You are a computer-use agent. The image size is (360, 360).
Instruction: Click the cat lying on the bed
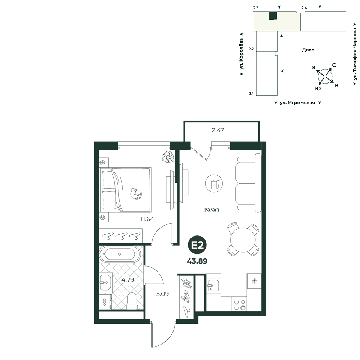136,193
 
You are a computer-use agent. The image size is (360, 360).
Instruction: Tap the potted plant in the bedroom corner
168,157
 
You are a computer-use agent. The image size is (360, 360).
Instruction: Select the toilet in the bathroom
132,301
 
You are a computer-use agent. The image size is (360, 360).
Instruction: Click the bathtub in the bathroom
120,254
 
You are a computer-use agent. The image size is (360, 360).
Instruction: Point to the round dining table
243,239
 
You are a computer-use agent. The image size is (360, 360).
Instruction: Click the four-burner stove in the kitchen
239,304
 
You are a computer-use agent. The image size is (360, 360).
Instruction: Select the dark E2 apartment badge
197,246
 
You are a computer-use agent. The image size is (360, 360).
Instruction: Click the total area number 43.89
197,261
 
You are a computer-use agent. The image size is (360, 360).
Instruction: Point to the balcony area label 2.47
218,130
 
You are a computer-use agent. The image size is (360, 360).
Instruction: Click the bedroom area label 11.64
147,219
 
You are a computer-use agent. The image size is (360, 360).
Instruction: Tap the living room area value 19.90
211,210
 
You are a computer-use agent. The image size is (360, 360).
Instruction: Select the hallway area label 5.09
163,294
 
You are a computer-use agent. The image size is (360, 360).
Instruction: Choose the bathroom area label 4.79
128,280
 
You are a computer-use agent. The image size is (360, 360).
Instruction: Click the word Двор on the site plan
308,50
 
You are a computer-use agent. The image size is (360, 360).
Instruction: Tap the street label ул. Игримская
297,103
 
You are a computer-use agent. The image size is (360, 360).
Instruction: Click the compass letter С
334,65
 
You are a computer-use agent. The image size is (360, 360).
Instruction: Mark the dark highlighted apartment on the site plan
273,15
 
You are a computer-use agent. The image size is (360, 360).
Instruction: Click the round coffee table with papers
214,184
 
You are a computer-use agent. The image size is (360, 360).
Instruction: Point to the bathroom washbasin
105,282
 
